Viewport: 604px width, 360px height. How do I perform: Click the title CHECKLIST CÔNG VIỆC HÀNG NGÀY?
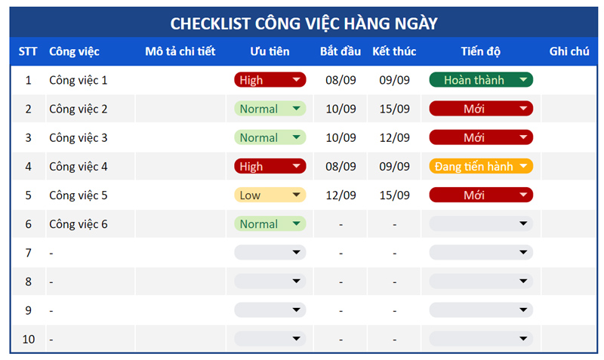pyautogui.click(x=304, y=23)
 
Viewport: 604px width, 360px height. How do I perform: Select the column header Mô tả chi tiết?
pyautogui.click(x=180, y=51)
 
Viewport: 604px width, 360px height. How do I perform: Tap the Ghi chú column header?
pyautogui.click(x=569, y=51)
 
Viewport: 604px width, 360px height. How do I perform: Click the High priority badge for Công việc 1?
pyautogui.click(x=270, y=80)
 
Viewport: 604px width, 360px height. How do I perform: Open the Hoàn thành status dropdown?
pyautogui.click(x=481, y=80)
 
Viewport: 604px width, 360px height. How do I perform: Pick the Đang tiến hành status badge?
pyautogui.click(x=481, y=166)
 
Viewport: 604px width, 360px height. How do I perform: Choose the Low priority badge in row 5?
pyautogui.click(x=270, y=195)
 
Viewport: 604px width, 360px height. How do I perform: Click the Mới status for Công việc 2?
pyautogui.click(x=481, y=109)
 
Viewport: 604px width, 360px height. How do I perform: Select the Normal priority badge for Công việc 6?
pyautogui.click(x=270, y=223)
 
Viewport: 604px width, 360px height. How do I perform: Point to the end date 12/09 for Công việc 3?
pyautogui.click(x=394, y=137)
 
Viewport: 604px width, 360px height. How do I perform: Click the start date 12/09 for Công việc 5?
pyautogui.click(x=341, y=195)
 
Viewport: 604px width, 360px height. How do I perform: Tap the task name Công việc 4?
pyautogui.click(x=79, y=167)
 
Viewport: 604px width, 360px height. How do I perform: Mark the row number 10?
pyautogui.click(x=29, y=339)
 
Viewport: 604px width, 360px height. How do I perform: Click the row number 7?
pyautogui.click(x=29, y=253)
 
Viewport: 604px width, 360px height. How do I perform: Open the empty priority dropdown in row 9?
pyautogui.click(x=270, y=310)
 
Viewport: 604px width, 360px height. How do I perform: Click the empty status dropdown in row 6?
pyautogui.click(x=481, y=223)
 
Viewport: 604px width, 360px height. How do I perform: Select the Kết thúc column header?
pyautogui.click(x=394, y=51)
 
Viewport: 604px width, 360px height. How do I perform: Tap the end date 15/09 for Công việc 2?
pyautogui.click(x=394, y=109)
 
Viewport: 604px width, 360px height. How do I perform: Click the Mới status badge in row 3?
pyautogui.click(x=481, y=137)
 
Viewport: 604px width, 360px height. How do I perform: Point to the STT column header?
pyautogui.click(x=28, y=51)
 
